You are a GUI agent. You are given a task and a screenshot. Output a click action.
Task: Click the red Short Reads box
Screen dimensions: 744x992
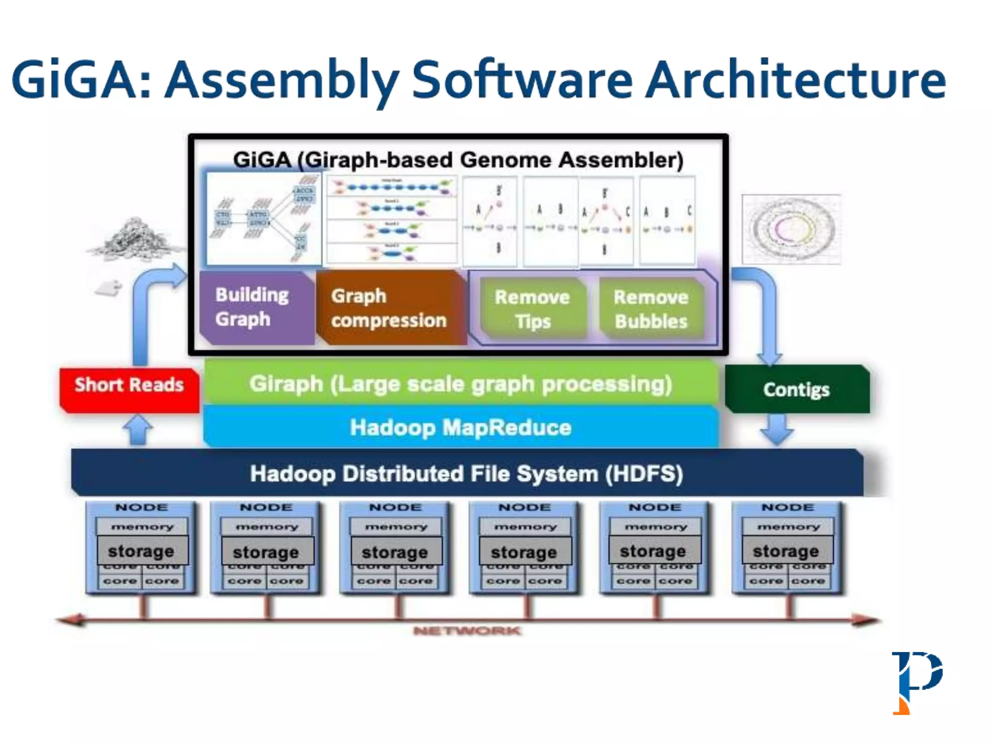(129, 390)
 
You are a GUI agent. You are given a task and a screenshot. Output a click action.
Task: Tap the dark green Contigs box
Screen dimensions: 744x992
(797, 389)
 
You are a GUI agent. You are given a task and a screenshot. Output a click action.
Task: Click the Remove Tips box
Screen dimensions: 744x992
(532, 309)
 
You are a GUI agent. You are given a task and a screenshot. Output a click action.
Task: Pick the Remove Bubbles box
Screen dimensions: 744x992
(651, 309)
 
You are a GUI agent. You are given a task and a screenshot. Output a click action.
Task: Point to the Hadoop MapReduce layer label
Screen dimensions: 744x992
(461, 427)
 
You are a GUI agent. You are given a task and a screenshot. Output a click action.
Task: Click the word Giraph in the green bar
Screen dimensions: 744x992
(286, 384)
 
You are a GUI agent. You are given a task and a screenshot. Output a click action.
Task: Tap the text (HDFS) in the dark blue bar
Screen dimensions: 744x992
(644, 474)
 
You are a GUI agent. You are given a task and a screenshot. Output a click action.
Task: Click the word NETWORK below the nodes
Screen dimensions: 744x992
(467, 631)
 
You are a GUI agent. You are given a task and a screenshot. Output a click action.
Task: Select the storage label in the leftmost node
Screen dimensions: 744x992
(141, 551)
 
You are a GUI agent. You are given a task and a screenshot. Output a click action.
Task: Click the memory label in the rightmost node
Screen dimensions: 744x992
(789, 527)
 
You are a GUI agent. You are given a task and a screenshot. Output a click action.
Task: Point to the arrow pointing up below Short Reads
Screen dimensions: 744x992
(138, 429)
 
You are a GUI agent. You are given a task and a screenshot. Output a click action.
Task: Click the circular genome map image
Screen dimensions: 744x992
(791, 229)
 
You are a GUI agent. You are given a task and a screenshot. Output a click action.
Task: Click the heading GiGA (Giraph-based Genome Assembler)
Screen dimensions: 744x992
(458, 160)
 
